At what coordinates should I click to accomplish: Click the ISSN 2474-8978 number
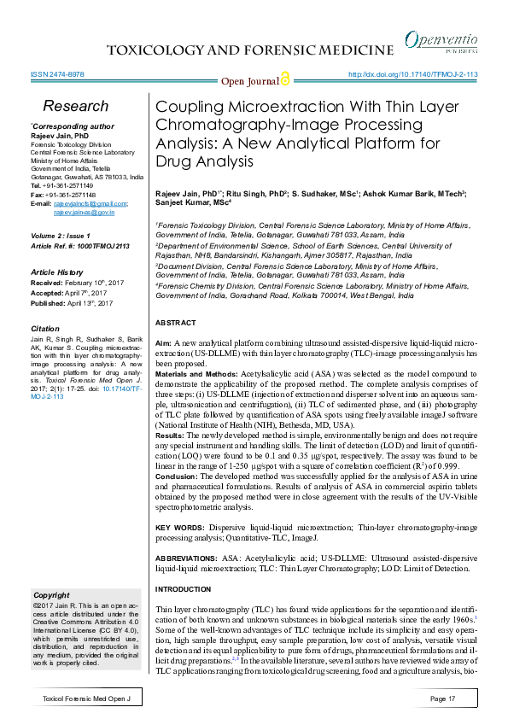tap(56, 74)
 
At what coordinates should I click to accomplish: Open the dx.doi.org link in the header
tap(413, 74)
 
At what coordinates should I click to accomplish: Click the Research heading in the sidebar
tap(76, 107)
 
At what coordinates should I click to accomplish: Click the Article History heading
tap(61, 271)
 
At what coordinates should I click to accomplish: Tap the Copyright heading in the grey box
tap(50, 594)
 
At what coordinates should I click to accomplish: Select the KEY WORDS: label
tap(180, 529)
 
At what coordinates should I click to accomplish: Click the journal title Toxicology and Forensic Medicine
tap(249, 50)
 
